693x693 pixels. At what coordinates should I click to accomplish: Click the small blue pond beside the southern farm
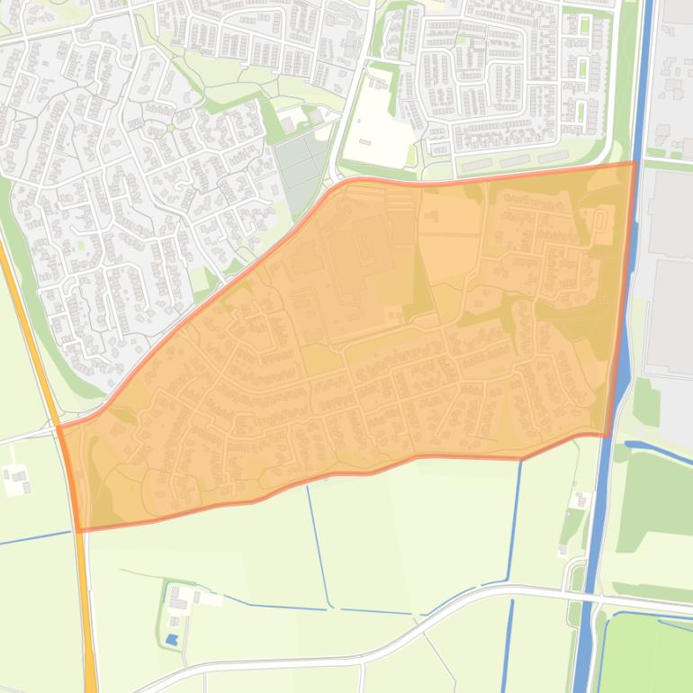click(171, 640)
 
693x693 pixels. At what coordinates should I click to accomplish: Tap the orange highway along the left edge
click(86, 612)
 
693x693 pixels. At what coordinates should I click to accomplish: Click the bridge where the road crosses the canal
click(585, 597)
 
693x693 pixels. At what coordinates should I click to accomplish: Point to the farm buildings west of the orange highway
click(16, 480)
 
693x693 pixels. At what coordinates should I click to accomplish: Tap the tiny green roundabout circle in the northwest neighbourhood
click(82, 242)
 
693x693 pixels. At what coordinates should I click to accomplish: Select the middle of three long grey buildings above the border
click(523, 161)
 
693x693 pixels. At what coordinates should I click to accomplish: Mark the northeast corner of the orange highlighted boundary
click(635, 163)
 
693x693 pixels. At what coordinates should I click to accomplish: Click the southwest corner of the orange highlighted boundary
click(77, 530)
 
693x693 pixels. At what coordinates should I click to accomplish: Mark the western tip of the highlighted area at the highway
click(59, 428)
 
